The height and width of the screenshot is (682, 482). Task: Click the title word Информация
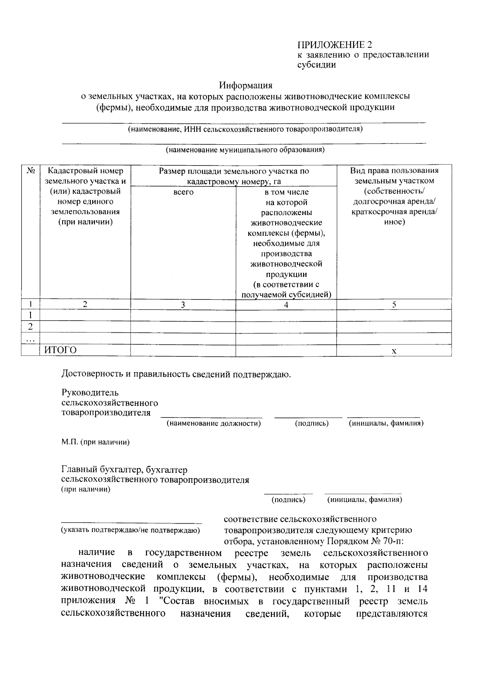pos(245,85)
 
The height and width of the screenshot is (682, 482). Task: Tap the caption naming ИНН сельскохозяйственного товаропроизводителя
pos(245,129)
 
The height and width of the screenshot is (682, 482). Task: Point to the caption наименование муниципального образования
pos(245,150)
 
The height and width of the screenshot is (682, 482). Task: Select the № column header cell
pos(31,171)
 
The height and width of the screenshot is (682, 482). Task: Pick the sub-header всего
pos(183,192)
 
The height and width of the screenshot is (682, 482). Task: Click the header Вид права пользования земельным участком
pos(394,176)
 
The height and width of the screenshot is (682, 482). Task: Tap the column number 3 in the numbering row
pos(183,305)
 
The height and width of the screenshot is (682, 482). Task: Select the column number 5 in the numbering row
pos(394,305)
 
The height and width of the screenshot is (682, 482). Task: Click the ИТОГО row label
pos(60,350)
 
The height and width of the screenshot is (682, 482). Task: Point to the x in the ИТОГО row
pos(394,351)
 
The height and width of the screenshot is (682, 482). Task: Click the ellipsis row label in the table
pos(30,340)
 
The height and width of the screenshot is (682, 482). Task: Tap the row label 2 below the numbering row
pos(30,326)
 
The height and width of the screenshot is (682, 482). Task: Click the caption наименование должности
pos(214,423)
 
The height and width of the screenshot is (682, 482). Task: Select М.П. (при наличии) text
pos(95,442)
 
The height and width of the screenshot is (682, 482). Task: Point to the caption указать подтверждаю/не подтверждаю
pos(131,530)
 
